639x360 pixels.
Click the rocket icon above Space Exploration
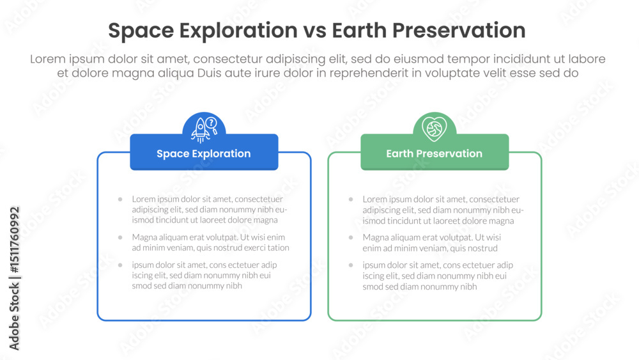click(x=201, y=130)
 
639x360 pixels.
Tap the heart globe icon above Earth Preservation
click(x=435, y=129)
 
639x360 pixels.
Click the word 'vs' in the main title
click(x=314, y=31)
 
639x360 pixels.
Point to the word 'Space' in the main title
click(x=141, y=31)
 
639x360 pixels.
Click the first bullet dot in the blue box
click(x=120, y=200)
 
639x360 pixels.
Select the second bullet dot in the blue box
click(x=120, y=237)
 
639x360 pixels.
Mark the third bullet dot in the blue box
click(x=120, y=265)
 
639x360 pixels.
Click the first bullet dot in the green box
click(x=351, y=200)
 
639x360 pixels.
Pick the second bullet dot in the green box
click(x=351, y=237)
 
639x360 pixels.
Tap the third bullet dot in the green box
click(x=351, y=265)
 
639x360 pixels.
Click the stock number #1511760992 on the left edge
click(x=14, y=240)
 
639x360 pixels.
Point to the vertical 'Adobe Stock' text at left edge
click(x=14, y=317)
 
